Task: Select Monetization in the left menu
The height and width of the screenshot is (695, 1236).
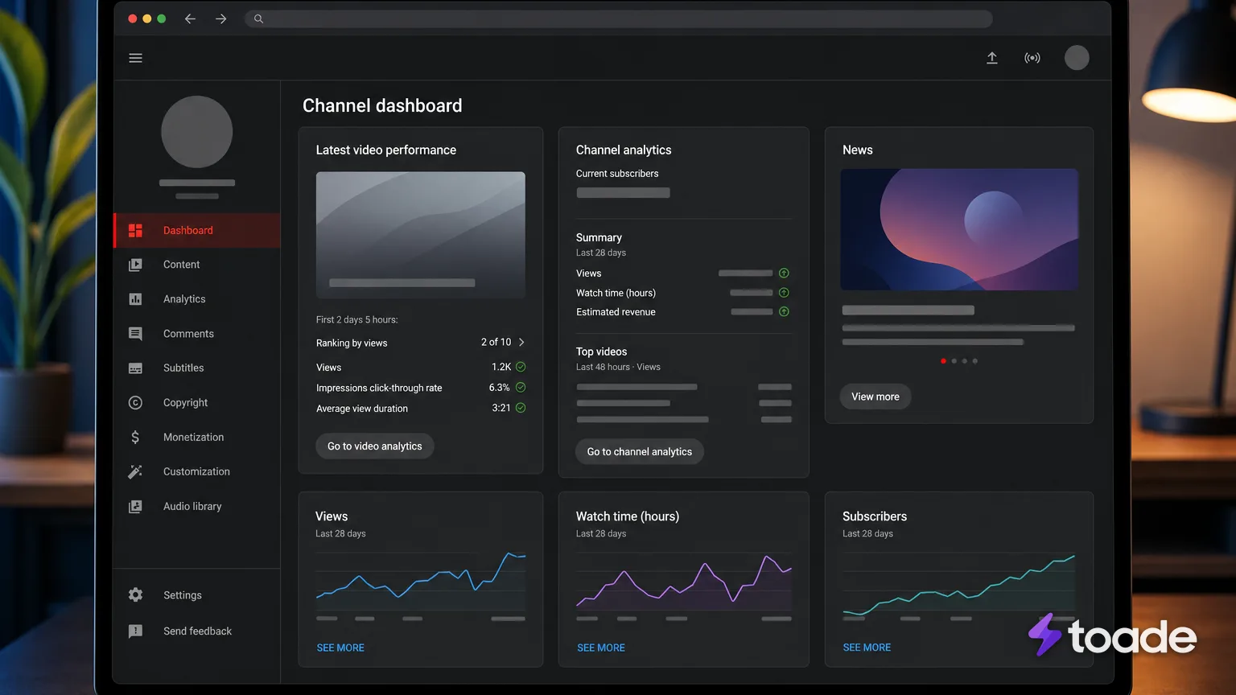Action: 193,437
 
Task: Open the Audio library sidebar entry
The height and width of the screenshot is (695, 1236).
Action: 192,506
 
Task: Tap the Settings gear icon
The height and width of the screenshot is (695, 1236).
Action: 135,594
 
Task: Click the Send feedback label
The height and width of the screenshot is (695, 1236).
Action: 197,631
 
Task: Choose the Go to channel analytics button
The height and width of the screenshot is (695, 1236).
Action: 639,451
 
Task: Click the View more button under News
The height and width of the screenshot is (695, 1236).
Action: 875,396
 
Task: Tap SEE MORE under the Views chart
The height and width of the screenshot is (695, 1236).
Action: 340,648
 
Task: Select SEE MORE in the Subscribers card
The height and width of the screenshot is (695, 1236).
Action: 867,647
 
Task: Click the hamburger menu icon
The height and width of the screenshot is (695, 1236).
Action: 135,58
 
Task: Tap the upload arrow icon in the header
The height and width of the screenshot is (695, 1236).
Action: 991,58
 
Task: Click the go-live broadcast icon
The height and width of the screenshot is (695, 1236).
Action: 1032,58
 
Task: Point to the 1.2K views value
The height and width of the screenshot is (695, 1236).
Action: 501,367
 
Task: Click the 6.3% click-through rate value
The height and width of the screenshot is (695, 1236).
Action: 499,387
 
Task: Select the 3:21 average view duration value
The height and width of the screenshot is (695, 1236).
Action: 501,408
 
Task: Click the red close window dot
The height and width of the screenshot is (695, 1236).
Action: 133,19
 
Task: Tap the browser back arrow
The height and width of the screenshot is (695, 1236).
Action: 190,19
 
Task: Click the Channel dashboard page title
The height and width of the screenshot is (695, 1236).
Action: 382,105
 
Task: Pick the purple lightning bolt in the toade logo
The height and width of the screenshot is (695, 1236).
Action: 1044,635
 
